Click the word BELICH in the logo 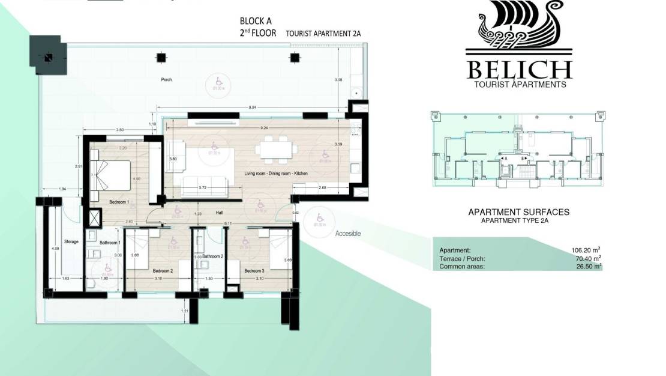click(x=519, y=69)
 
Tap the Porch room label click(x=166, y=79)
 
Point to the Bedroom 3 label click(x=254, y=271)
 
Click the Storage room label click(x=71, y=241)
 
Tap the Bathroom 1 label click(x=110, y=242)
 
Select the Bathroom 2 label click(x=212, y=256)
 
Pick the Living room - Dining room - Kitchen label click(x=276, y=173)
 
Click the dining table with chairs click(x=277, y=149)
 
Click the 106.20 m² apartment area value click(x=587, y=250)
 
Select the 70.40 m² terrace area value click(x=589, y=259)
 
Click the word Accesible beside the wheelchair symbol click(x=348, y=234)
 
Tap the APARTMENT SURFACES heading click(x=518, y=212)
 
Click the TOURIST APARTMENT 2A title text click(x=319, y=34)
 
